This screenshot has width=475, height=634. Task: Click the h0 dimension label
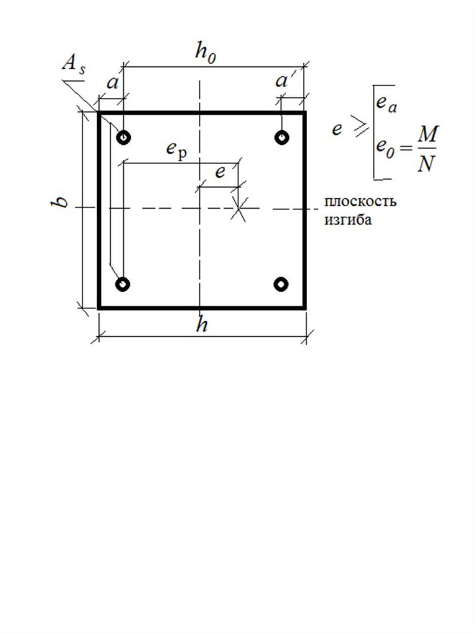click(206, 53)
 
